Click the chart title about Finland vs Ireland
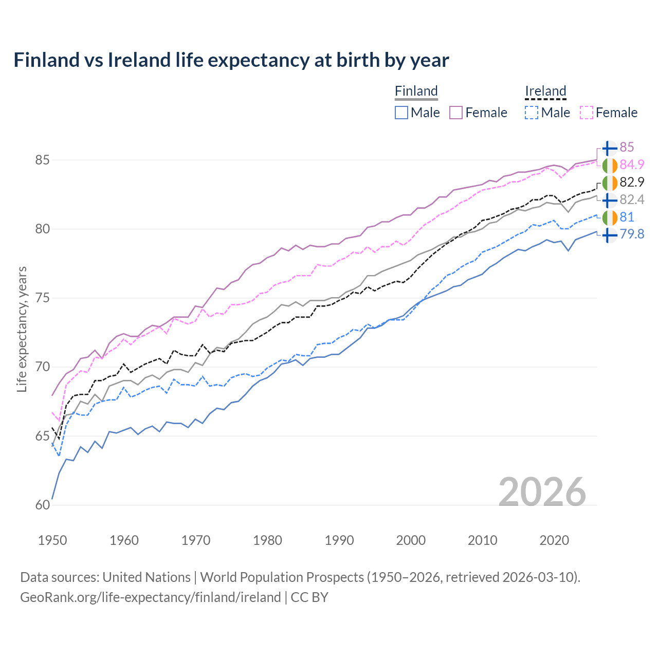[231, 60]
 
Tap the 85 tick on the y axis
[42, 160]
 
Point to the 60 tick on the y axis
[42, 505]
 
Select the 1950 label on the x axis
[52, 540]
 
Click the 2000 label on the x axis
[411, 540]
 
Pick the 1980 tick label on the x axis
[267, 540]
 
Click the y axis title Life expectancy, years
[22, 329]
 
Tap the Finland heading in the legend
[416, 91]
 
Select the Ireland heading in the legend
[545, 91]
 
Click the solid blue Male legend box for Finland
[401, 113]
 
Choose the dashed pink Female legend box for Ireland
[587, 113]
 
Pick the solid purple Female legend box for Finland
[456, 113]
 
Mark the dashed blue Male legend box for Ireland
[532, 113]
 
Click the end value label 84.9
[632, 164]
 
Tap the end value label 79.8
[632, 234]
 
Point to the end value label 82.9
[632, 182]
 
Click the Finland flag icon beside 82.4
[609, 199]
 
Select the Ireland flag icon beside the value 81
[609, 217]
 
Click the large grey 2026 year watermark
[542, 492]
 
